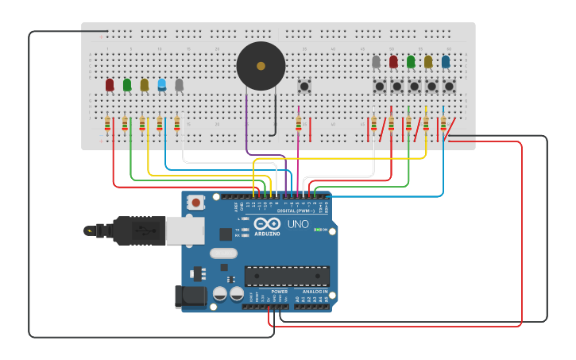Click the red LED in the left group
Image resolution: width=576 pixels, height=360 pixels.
110,84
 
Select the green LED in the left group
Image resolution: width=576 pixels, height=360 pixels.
127,84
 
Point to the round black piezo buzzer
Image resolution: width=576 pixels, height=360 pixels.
261,66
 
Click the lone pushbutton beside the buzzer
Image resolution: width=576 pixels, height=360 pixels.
303,85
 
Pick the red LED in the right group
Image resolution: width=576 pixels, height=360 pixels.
393,61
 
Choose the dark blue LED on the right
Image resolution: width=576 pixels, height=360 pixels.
446,61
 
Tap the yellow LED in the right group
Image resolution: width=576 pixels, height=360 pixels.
428,61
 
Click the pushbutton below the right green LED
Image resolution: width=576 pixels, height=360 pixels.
414,86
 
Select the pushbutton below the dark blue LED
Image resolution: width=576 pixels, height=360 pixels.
449,86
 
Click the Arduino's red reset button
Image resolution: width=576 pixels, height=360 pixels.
195,202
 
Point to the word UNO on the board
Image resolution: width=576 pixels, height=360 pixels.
298,224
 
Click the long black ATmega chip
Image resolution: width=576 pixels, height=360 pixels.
287,276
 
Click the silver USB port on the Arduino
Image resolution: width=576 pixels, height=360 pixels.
184,230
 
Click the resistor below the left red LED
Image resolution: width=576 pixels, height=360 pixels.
107,123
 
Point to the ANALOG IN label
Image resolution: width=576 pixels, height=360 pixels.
315,292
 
